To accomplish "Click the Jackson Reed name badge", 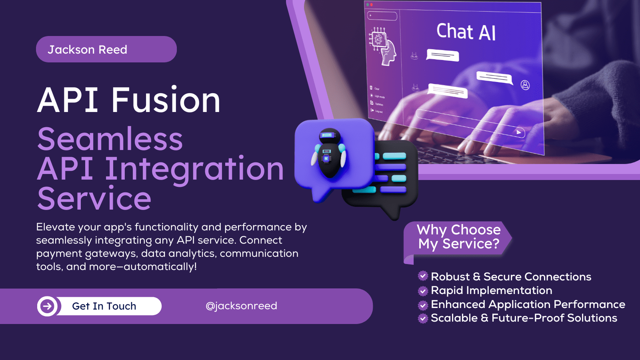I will coord(106,49).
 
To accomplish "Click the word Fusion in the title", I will coord(166,100).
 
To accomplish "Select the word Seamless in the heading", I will coord(110,139).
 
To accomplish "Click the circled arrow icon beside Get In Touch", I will coord(48,306).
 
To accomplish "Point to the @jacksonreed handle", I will coord(241,306).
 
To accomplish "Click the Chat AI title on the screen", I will coord(466,32).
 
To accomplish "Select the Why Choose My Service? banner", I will coord(458,237).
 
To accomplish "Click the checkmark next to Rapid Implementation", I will coord(423,291).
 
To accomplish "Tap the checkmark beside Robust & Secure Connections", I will coord(423,276).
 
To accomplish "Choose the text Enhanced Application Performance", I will coord(528,304).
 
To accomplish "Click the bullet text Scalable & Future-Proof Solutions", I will coord(524,318).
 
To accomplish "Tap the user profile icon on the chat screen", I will coord(525,85).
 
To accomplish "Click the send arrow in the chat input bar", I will coord(518,132).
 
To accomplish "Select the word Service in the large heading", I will coord(94,199).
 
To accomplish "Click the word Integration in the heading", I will coord(194,169).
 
